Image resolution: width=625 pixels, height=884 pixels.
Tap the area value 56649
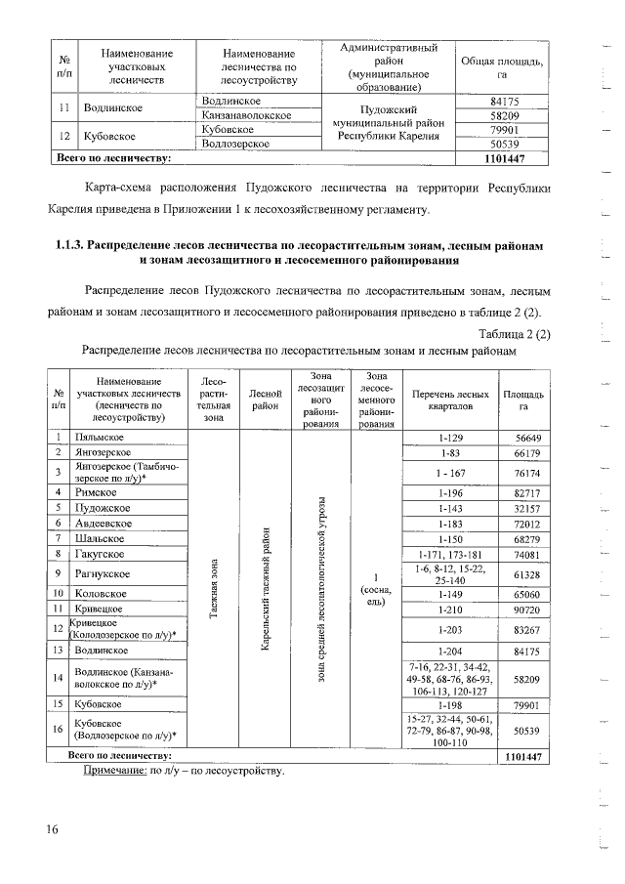pyautogui.click(x=522, y=438)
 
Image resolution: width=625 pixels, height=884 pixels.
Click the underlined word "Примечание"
pyautogui.click(x=112, y=772)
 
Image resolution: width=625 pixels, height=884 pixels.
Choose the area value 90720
pyautogui.click(x=522, y=609)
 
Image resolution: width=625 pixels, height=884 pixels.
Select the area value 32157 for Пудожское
pyautogui.click(x=522, y=508)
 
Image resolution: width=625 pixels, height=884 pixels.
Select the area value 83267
pyautogui.click(x=522, y=629)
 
